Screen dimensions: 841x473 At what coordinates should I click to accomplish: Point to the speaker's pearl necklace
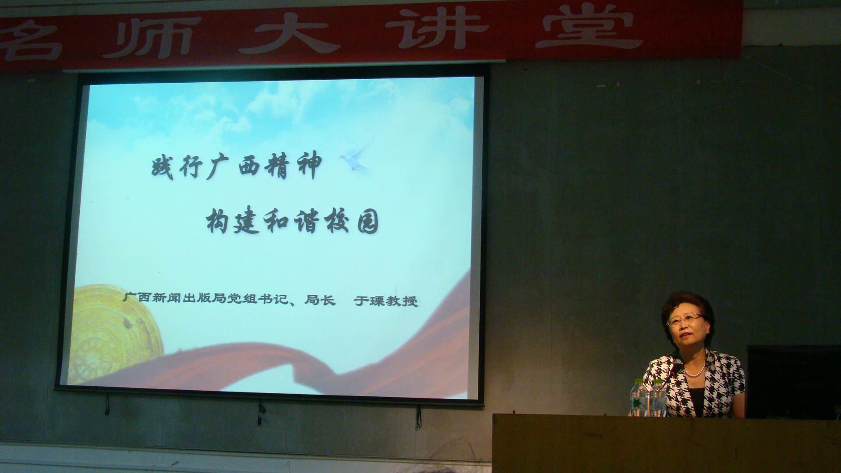(696, 371)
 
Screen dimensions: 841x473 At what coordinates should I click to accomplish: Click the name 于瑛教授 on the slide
(386, 300)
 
